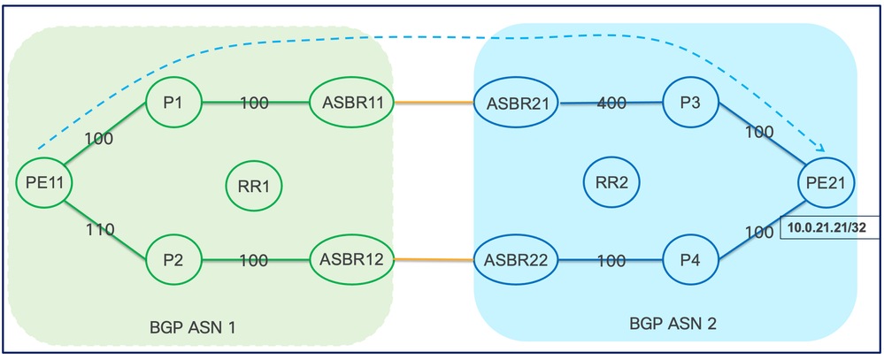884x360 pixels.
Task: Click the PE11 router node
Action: [x=43, y=182]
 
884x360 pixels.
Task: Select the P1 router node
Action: [x=173, y=103]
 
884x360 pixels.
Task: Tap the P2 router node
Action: [x=173, y=260]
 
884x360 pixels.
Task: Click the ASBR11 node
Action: [x=350, y=103]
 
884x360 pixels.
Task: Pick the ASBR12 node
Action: [x=350, y=260]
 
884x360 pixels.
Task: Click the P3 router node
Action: [x=690, y=103]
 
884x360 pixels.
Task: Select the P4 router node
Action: [x=690, y=261]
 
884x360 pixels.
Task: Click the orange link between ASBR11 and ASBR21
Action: [x=433, y=103]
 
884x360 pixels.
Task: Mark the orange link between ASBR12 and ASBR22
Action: [x=433, y=260]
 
